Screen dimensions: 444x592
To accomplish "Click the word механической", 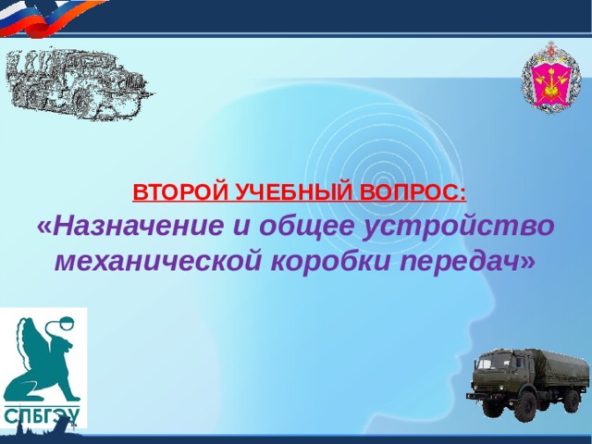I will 160,260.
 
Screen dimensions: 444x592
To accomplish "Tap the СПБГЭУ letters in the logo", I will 42,413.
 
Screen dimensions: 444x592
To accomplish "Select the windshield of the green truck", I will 489,364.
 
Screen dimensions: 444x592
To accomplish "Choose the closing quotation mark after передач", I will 528,260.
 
